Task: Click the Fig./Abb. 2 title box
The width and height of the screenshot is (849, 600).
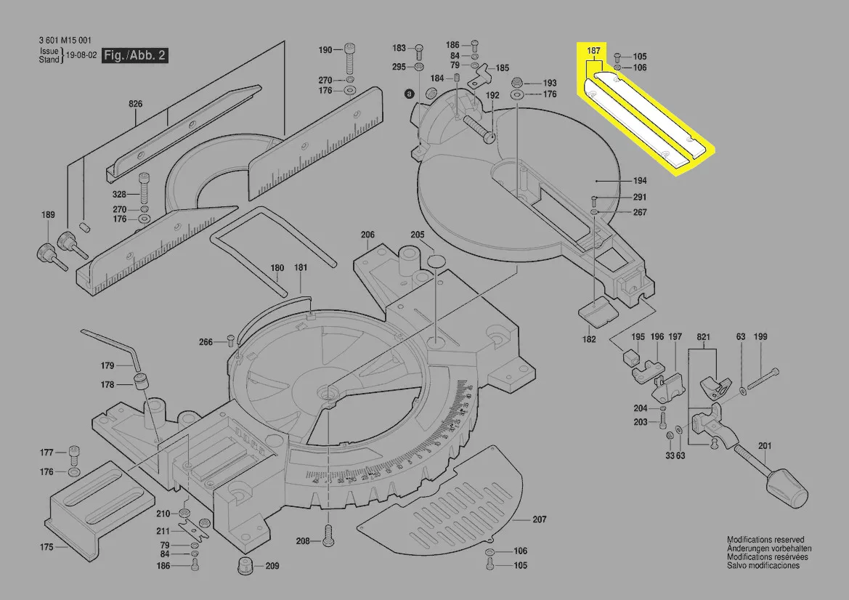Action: (x=136, y=55)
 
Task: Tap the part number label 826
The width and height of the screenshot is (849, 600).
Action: (x=136, y=105)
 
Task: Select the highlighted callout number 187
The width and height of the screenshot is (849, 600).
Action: (x=593, y=50)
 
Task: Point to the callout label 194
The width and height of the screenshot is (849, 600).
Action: (x=640, y=181)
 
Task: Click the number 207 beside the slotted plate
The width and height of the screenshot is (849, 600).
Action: (x=539, y=519)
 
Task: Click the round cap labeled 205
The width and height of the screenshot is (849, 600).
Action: (x=436, y=262)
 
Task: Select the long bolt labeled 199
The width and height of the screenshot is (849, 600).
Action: (x=763, y=378)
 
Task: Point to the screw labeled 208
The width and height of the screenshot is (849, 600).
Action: (x=328, y=538)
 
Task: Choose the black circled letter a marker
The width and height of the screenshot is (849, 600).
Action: (x=409, y=94)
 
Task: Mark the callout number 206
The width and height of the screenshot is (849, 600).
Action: (x=367, y=235)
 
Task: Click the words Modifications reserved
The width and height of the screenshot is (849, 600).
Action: (x=765, y=540)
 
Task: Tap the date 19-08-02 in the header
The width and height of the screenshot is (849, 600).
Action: (x=81, y=54)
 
